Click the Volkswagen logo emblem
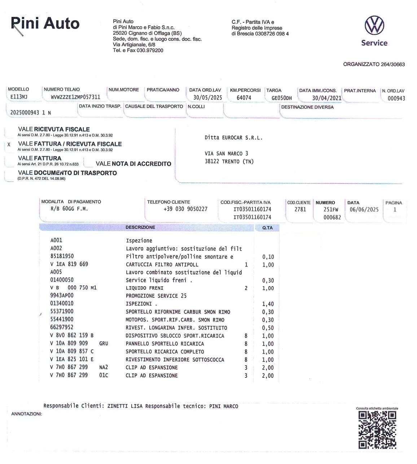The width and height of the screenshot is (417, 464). pos(374,25)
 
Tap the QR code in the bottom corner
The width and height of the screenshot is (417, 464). pos(377,429)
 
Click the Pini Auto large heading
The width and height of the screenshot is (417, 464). pos(45,23)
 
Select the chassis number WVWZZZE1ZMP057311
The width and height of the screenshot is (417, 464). pos(75,97)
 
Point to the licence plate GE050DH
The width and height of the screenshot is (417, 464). pos(282,98)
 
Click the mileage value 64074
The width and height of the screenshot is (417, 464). pos(244,98)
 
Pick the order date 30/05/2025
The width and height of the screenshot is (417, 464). pos(207,98)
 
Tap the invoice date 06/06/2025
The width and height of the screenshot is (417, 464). pos(364,209)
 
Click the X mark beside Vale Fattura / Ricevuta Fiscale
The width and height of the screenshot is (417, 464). pos(9,144)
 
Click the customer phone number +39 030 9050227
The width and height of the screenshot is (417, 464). pos(185,209)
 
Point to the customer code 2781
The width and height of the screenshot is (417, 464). pos(300,209)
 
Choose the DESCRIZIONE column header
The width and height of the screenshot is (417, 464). pos(140,228)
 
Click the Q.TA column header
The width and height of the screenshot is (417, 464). pos(267,228)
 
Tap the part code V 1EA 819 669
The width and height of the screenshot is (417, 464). pos(69,264)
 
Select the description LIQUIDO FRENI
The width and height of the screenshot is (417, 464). pos(144,288)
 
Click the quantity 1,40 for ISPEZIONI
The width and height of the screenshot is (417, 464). pos(268,304)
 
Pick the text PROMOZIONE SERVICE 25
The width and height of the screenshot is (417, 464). pos(156,296)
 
